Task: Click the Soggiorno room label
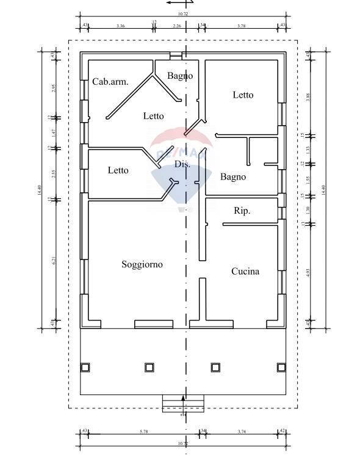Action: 142,264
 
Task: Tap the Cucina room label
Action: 245,272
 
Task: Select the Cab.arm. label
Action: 110,82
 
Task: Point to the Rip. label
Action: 242,211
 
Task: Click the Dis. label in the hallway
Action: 182,165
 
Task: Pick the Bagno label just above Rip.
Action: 233,177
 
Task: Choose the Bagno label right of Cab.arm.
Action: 180,76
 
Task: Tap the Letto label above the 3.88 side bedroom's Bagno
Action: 243,95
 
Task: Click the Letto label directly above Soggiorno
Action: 118,170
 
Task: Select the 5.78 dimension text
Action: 143,432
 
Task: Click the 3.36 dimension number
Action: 120,26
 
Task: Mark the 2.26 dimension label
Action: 177,26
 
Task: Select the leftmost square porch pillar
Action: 85,367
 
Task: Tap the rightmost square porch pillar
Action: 281,367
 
